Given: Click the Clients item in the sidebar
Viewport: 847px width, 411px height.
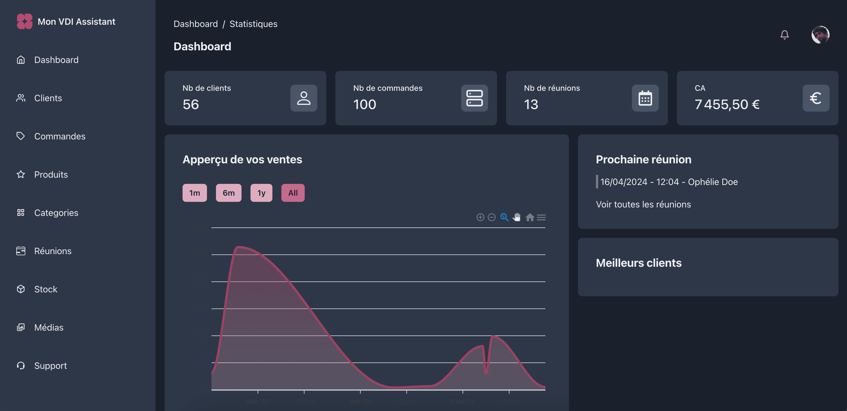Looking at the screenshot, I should click(48, 98).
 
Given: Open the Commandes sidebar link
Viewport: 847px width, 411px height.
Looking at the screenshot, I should click(60, 136).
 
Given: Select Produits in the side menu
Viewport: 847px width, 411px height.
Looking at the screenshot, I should click(51, 174).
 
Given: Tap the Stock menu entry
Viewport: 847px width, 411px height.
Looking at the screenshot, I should click(45, 289).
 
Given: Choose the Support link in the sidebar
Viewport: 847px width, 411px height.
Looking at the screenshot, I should click(50, 365).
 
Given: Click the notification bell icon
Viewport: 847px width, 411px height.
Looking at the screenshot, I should click(785, 35).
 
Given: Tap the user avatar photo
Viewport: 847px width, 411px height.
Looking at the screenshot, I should click(820, 35).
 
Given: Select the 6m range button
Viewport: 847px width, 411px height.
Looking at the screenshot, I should click(229, 193).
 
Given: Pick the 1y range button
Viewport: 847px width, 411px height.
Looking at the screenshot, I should click(261, 193).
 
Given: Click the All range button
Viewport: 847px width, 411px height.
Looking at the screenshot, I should click(293, 193).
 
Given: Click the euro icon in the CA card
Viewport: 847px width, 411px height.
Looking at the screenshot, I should click(816, 98).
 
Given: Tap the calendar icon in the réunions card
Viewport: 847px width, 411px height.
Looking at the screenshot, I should click(645, 98).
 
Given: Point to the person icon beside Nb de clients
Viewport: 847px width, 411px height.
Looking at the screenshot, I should click(304, 98).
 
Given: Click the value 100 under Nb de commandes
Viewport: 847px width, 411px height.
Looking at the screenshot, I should click(364, 105).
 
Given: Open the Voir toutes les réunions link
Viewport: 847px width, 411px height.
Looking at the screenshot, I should click(643, 204).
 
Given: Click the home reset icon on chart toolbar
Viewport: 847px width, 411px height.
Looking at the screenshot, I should click(529, 218).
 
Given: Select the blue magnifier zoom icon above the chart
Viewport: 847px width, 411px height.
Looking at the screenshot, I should click(504, 217).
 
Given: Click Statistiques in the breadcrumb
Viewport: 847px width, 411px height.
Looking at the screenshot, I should click(253, 24).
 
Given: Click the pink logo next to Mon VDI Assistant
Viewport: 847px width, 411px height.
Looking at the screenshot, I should click(25, 21).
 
